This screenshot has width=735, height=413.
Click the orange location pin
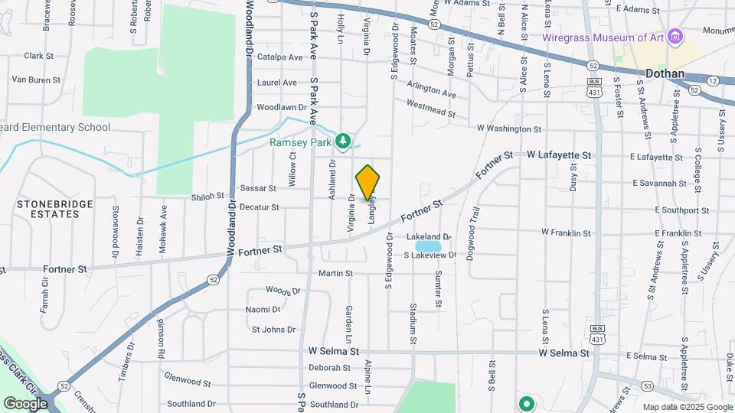pyautogui.click(x=367, y=182)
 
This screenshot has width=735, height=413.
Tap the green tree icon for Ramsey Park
pyautogui.click(x=344, y=140)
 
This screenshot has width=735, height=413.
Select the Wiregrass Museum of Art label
pyautogui.click(x=603, y=37)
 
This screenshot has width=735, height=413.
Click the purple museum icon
pyautogui.click(x=675, y=36)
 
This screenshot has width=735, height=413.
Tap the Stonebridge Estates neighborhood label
pyautogui.click(x=56, y=209)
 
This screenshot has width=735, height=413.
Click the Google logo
pyautogui.click(x=25, y=403)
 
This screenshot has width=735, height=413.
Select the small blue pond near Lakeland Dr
pyautogui.click(x=429, y=246)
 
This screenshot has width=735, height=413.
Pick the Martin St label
pyautogui.click(x=335, y=273)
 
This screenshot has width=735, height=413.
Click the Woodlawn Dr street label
pyautogui.click(x=281, y=108)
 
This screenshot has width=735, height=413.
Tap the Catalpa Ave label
pyautogui.click(x=280, y=57)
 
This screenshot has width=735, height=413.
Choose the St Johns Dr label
pyautogui.click(x=273, y=330)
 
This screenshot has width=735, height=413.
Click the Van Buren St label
pyautogui.click(x=35, y=80)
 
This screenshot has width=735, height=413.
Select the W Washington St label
pyautogui.click(x=508, y=129)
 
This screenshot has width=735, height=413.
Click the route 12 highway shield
pyautogui.click(x=713, y=80)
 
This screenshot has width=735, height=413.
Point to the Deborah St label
pyautogui.click(x=329, y=367)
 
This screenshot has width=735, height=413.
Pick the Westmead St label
pyautogui.click(x=430, y=108)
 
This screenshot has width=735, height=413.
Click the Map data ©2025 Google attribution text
pyautogui.click(x=686, y=407)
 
